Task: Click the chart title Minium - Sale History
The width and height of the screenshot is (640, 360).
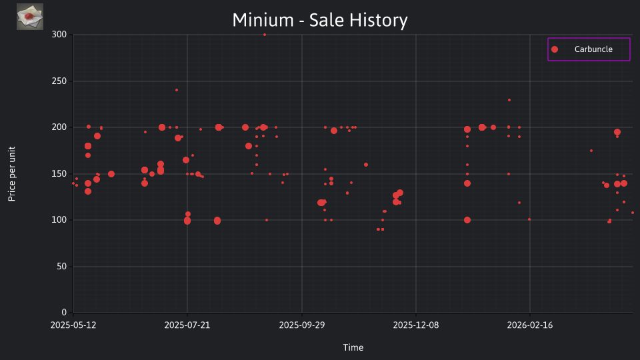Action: click(x=320, y=20)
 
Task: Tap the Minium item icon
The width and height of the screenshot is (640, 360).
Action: click(x=30, y=17)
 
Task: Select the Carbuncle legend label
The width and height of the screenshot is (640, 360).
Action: click(x=593, y=49)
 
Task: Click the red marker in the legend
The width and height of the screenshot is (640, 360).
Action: click(x=555, y=49)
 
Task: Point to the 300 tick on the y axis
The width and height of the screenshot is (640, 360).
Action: click(x=59, y=35)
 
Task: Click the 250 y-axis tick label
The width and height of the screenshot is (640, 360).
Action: click(x=59, y=81)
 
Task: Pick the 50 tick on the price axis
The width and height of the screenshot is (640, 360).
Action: click(x=61, y=267)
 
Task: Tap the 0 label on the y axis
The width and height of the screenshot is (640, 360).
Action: click(x=64, y=313)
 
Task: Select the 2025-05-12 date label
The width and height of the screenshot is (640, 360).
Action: click(x=73, y=325)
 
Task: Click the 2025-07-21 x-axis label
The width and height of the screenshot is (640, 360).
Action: click(x=187, y=325)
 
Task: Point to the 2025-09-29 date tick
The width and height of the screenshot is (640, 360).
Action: click(x=302, y=325)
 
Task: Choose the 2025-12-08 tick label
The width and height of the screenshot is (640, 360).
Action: click(x=416, y=325)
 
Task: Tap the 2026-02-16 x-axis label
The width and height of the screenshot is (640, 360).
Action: click(x=530, y=325)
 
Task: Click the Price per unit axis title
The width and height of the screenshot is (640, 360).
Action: click(x=12, y=174)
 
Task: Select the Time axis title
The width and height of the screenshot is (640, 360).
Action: click(x=353, y=347)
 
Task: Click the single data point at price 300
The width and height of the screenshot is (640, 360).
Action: click(x=265, y=35)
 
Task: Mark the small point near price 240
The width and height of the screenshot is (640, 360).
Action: click(x=177, y=90)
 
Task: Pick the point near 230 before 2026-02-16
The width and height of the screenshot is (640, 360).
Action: click(x=509, y=100)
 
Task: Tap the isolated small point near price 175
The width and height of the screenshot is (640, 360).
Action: click(x=591, y=151)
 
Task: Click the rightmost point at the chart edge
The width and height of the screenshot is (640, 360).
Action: click(x=633, y=213)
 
